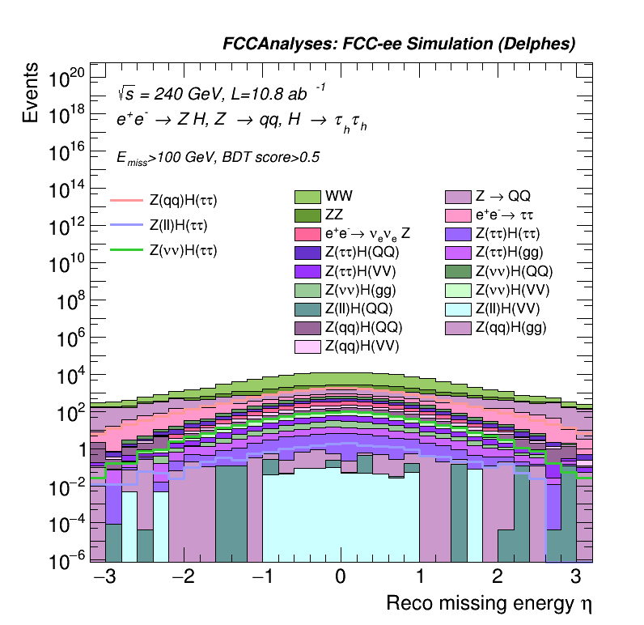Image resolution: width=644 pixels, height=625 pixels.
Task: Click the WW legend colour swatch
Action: coord(308,197)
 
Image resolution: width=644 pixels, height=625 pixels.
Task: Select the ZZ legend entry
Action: coord(308,215)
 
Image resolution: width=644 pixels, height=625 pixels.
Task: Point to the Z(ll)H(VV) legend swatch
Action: coord(458,308)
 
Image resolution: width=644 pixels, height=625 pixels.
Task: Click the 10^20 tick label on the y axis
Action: coord(66,79)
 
